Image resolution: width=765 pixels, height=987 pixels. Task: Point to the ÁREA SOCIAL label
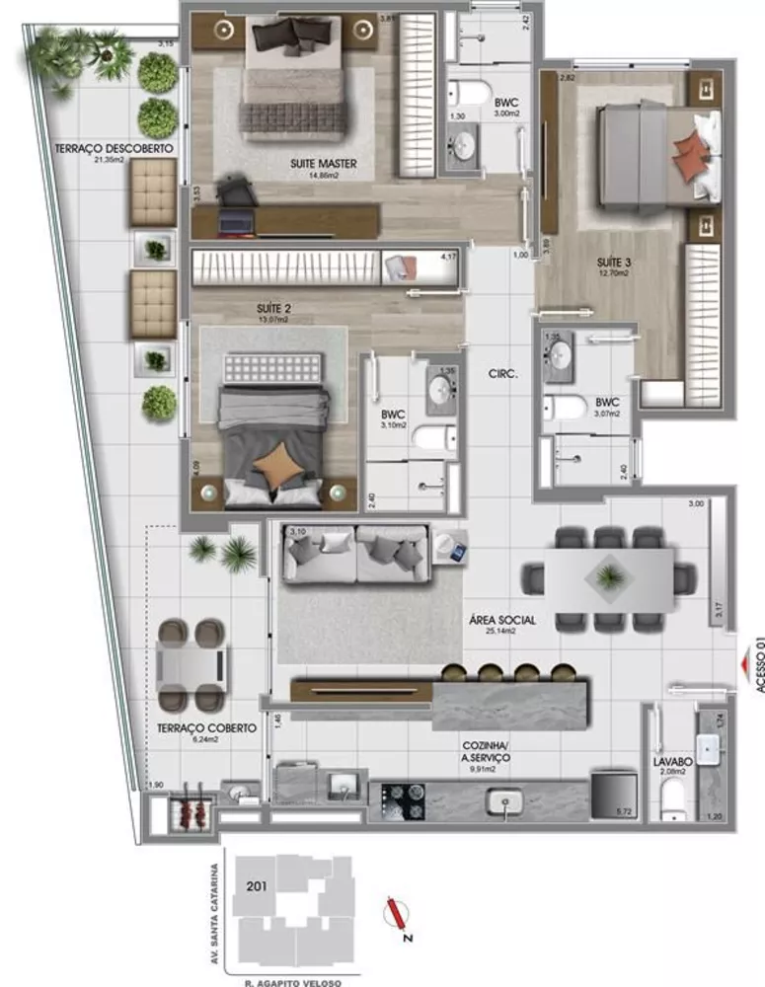click(502, 620)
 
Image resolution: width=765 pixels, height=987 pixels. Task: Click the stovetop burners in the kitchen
click(403, 800)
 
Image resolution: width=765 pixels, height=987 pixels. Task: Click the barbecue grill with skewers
click(188, 814)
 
